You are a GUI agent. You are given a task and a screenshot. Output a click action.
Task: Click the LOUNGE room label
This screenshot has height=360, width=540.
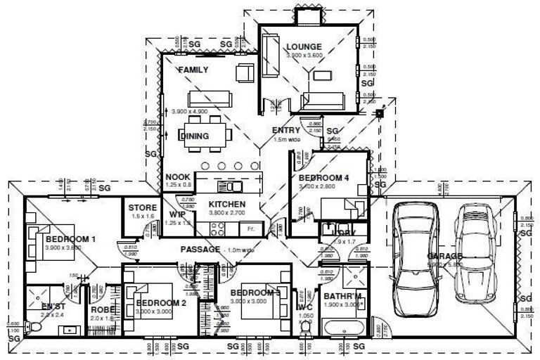click(x=304, y=47)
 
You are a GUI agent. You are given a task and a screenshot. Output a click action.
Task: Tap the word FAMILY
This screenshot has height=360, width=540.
click(x=193, y=70)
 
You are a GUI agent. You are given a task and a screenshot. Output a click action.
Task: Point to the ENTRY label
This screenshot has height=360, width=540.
click(x=286, y=130)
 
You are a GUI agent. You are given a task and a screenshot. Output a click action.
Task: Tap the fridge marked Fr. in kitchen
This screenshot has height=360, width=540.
click(x=250, y=229)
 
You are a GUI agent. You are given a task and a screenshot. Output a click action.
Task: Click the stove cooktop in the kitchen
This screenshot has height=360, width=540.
click(x=216, y=229)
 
